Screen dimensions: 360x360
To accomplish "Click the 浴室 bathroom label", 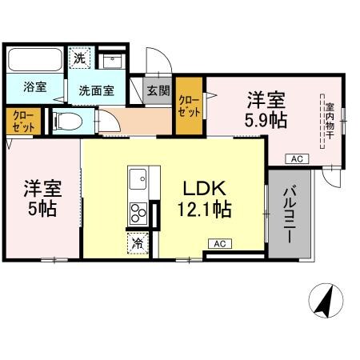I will tap(34, 87).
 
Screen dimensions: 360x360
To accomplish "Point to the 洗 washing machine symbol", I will tap(79, 58).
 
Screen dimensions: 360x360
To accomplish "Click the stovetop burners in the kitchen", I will tap(138, 214).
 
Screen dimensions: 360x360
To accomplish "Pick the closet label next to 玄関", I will tap(189, 106).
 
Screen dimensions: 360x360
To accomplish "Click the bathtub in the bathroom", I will tap(34, 61).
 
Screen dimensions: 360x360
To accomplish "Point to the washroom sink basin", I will tap(113, 60).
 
